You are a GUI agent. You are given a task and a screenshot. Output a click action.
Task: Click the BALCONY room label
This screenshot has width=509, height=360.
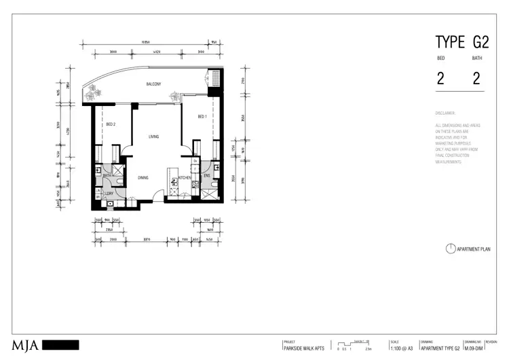click(x=153, y=84)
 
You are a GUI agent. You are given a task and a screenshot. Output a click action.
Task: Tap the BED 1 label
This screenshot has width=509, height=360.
click(x=202, y=117)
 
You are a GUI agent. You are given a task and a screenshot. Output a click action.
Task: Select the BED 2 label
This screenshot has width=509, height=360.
click(x=111, y=124)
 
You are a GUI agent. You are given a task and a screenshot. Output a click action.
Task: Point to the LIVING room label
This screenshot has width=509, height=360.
click(x=153, y=137)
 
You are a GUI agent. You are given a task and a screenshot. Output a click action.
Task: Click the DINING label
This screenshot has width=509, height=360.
click(x=143, y=178)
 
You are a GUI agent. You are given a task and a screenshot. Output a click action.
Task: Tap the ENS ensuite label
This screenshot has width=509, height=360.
click(x=206, y=176)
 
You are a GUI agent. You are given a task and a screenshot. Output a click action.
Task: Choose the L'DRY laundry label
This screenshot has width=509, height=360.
click(x=108, y=194)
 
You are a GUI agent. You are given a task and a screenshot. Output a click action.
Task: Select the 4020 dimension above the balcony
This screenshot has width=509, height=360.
click(x=155, y=51)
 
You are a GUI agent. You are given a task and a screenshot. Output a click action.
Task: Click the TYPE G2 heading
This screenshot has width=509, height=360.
click(x=460, y=42)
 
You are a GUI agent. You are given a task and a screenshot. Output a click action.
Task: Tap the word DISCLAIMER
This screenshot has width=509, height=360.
click(x=446, y=113)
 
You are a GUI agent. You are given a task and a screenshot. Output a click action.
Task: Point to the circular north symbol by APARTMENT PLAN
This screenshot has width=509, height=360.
click(x=450, y=249)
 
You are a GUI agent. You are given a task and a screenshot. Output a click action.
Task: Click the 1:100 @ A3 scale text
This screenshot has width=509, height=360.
click(x=400, y=348)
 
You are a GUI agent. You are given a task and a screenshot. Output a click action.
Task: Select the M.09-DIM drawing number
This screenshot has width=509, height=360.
click(x=473, y=348)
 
